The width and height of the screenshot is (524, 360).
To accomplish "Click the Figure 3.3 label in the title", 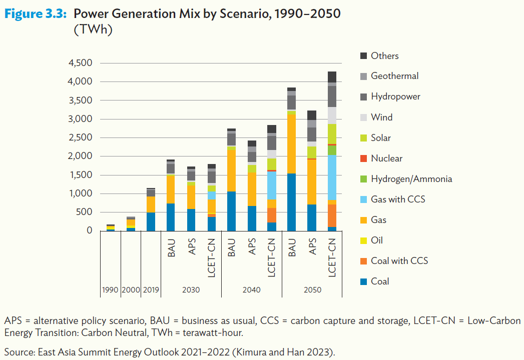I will click(x=36, y=14).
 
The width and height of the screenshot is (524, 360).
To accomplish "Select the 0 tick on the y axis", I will click(x=89, y=231).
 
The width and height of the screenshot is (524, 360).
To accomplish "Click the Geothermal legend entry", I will click(x=394, y=76).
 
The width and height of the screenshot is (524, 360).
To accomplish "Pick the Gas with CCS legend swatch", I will click(x=363, y=199).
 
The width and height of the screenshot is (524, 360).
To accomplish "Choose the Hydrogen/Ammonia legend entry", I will click(x=411, y=179).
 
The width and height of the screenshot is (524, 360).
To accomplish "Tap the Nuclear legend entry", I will click(x=386, y=158).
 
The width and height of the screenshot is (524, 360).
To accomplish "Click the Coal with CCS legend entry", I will click(x=399, y=261).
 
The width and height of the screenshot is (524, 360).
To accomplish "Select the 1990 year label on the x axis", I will click(x=110, y=290).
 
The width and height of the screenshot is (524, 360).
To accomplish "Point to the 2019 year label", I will click(x=151, y=290).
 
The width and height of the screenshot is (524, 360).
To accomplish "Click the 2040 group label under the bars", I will click(x=252, y=290).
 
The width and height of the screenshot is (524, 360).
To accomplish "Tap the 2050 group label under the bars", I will click(x=312, y=290).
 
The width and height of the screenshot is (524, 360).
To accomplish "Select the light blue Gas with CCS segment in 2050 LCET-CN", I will click(x=332, y=177).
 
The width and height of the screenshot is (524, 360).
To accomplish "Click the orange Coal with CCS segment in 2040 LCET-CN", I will click(x=272, y=215).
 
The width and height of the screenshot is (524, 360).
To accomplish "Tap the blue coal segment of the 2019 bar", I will click(x=151, y=221).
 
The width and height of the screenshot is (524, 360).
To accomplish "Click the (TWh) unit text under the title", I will click(x=93, y=29).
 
